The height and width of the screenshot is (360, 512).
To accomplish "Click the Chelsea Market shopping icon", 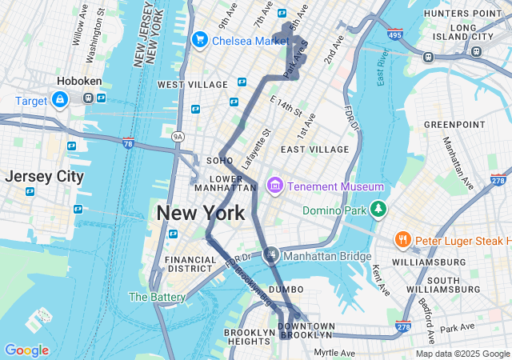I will coord(199,39).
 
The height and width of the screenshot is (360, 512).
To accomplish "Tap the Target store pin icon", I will coord(59,101).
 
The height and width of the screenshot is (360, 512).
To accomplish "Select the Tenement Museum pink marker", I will coord(275,186).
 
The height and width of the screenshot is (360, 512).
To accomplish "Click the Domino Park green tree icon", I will coord(378,210).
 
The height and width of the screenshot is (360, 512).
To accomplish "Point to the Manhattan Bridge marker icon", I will coord(272,256).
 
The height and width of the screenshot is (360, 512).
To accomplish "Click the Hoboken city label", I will coord(78,81).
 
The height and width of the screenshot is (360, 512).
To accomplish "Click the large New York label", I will coord(200,214).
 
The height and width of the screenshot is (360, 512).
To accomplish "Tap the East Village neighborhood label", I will coord(314,150).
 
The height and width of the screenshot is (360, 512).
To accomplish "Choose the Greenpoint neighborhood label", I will coord(454,125).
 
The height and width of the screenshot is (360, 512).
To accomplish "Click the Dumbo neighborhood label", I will coord(286,289).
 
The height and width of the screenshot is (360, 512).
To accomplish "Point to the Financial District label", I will coord(190,266).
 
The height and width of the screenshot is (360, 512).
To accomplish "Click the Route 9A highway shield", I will coord(178,138).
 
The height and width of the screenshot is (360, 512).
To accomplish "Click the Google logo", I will coord(26,350).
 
